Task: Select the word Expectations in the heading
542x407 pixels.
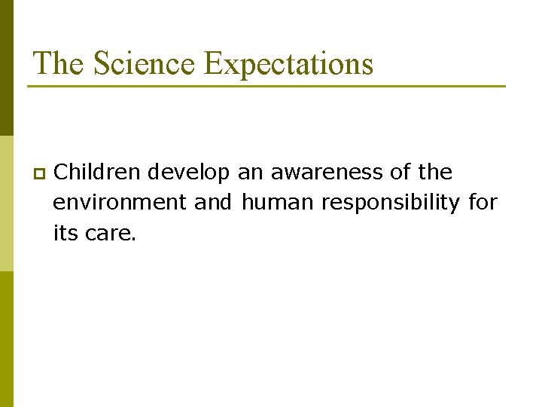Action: pyautogui.click(x=289, y=63)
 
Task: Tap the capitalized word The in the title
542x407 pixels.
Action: pyautogui.click(x=59, y=63)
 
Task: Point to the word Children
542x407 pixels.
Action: pyautogui.click(x=98, y=173)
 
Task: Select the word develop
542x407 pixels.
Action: pyautogui.click(x=189, y=173)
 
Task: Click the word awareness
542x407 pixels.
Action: pyautogui.click(x=327, y=173)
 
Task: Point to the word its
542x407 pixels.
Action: pyautogui.click(x=65, y=233)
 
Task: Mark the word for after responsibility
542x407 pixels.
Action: pyautogui.click(x=483, y=203)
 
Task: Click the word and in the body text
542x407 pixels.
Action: pyautogui.click(x=213, y=203)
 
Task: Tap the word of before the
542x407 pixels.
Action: pyautogui.click(x=400, y=173)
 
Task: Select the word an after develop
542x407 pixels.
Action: pyautogui.click(x=250, y=173)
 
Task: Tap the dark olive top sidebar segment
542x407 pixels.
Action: pyautogui.click(x=7, y=68)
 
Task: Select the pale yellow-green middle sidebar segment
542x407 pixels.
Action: pyautogui.click(x=7, y=203)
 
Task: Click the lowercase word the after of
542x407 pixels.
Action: pyautogui.click(x=435, y=173)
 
